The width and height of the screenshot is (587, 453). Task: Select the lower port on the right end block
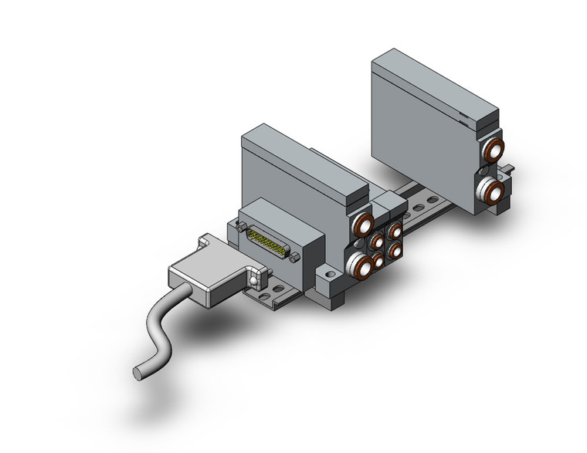[x=491, y=188]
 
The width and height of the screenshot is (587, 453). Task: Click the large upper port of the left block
[x=363, y=226]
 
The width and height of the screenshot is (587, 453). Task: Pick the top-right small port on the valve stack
[x=395, y=230]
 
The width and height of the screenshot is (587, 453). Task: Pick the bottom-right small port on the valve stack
[x=395, y=248]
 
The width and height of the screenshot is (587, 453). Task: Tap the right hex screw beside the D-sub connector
[x=294, y=258]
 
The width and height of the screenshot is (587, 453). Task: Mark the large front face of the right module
[x=421, y=143]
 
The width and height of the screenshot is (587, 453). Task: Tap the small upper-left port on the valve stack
[x=377, y=242]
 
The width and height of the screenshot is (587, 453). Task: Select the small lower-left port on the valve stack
[x=378, y=261]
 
